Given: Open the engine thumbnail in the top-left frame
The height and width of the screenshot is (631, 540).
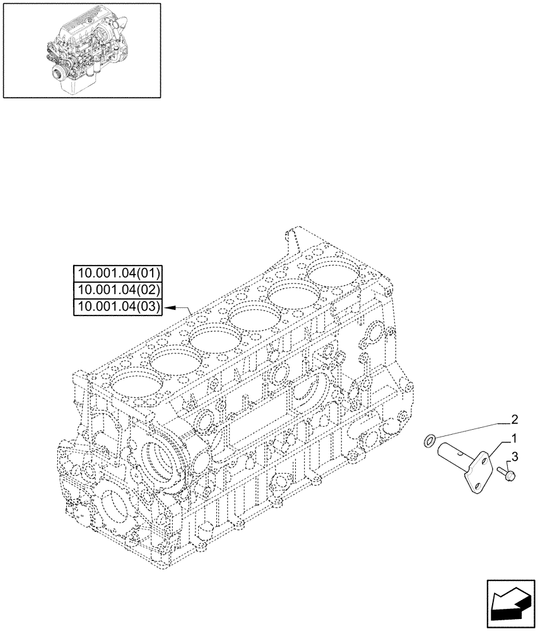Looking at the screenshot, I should (81, 50).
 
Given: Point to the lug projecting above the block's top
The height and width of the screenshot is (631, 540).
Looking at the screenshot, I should (291, 238).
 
